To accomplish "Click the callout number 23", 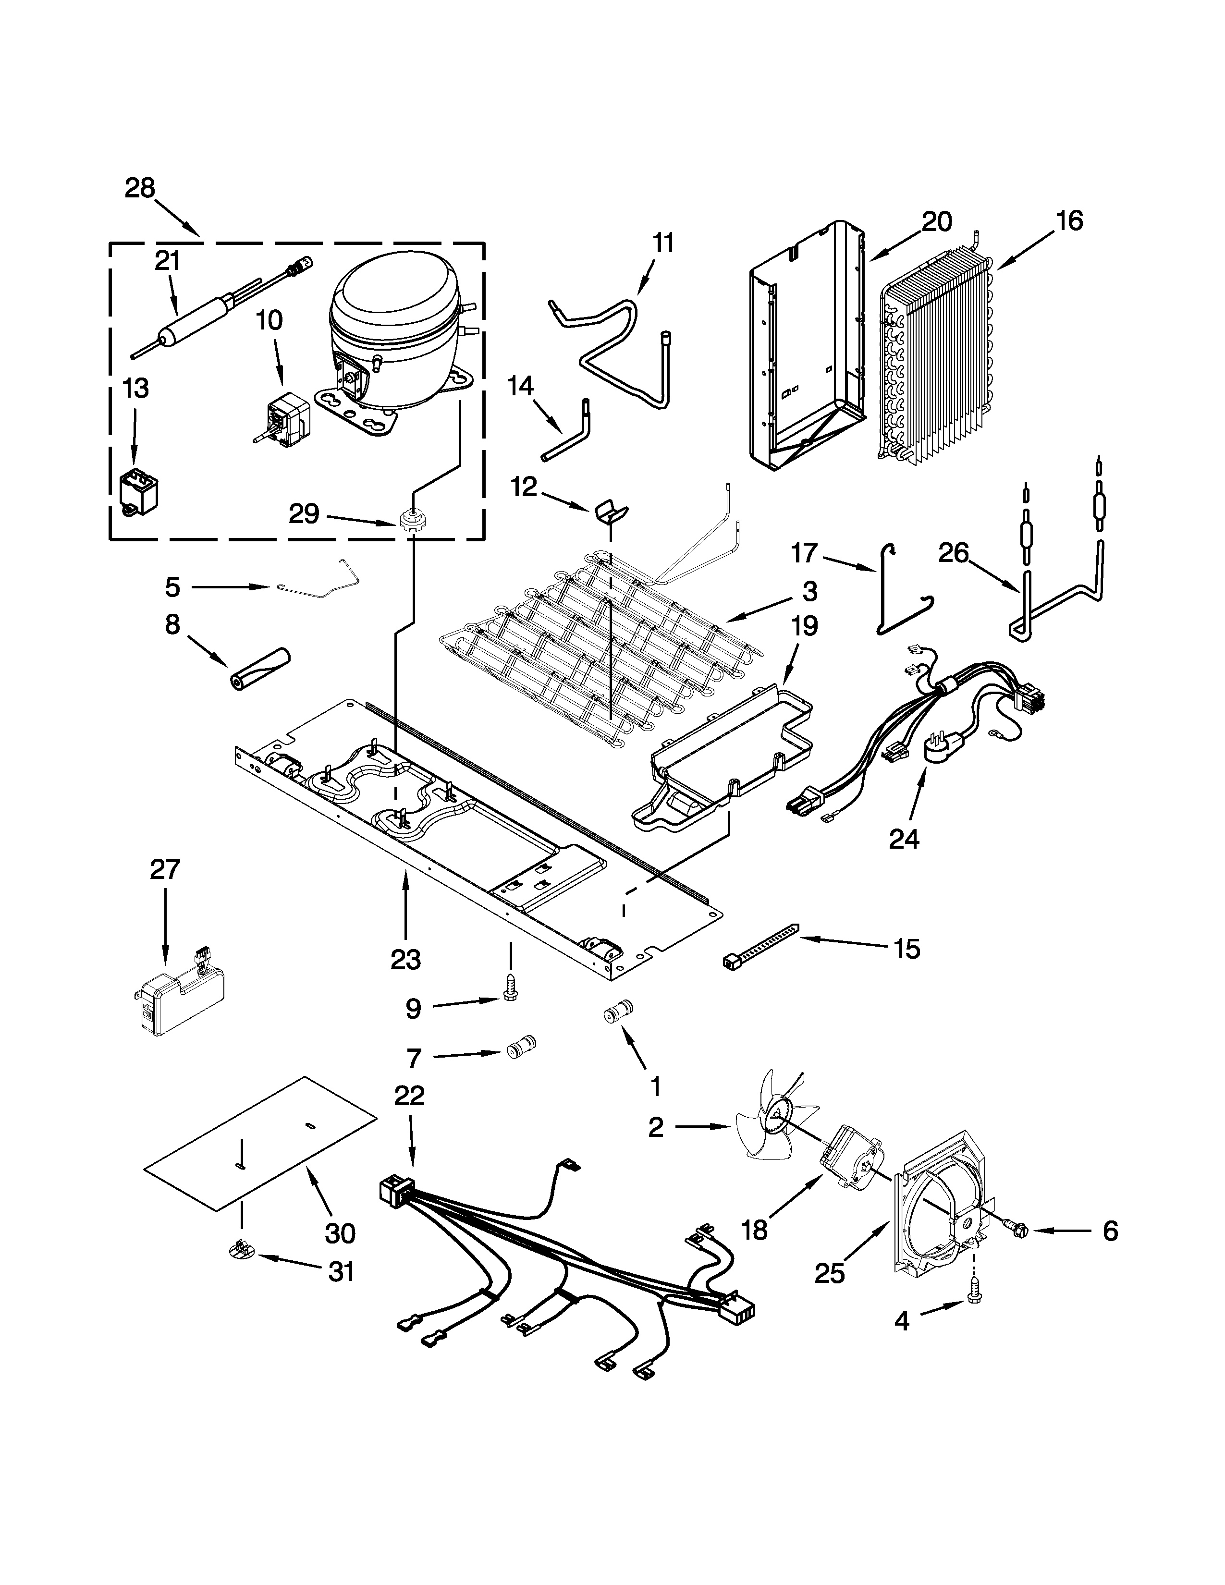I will click(405, 960).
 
